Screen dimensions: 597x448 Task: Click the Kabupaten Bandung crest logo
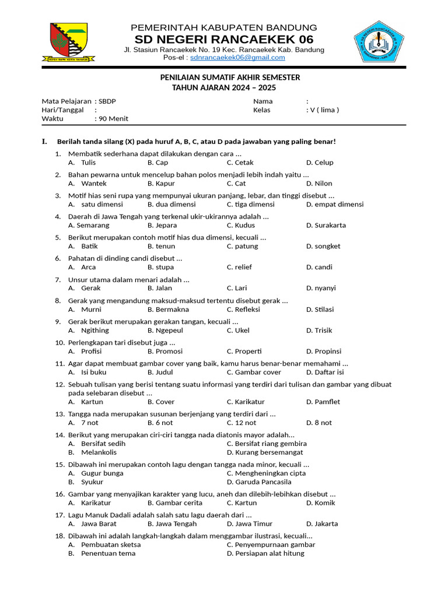pos(65,42)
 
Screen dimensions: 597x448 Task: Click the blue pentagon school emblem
pos(379,42)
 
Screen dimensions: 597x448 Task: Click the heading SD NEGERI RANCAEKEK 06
pos(224,40)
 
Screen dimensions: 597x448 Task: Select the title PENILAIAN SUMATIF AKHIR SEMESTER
pos(230,77)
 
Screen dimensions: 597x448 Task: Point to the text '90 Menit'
pos(113,118)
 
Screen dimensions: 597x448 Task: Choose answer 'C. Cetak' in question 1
pos(240,163)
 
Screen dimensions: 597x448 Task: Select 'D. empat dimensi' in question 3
pos(335,205)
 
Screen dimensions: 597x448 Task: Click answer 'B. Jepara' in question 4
pos(162,226)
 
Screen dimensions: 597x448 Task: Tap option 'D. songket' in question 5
pos(323,247)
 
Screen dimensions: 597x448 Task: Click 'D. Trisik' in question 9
pos(319,331)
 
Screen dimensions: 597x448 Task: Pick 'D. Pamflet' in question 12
pos(323,402)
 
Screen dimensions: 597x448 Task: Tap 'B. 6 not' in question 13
pos(160,423)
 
